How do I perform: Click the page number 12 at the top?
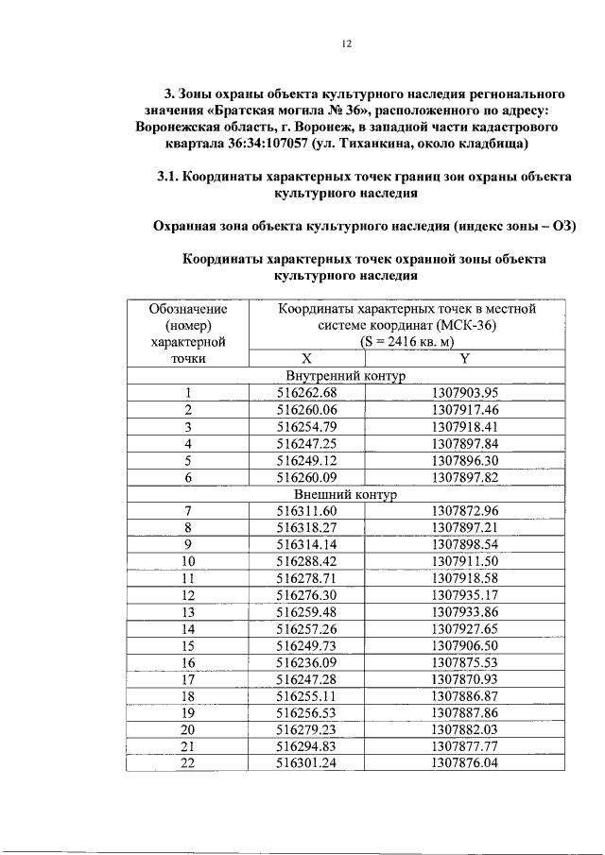[x=346, y=43]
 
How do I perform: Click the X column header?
[x=306, y=359]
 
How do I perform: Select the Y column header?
[x=464, y=359]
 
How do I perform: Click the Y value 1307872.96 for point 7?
[x=464, y=511]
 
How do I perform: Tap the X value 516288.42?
[x=306, y=561]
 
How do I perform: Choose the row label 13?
[x=188, y=612]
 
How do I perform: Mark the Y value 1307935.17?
[x=464, y=595]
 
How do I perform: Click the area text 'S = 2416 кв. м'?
[x=406, y=342]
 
